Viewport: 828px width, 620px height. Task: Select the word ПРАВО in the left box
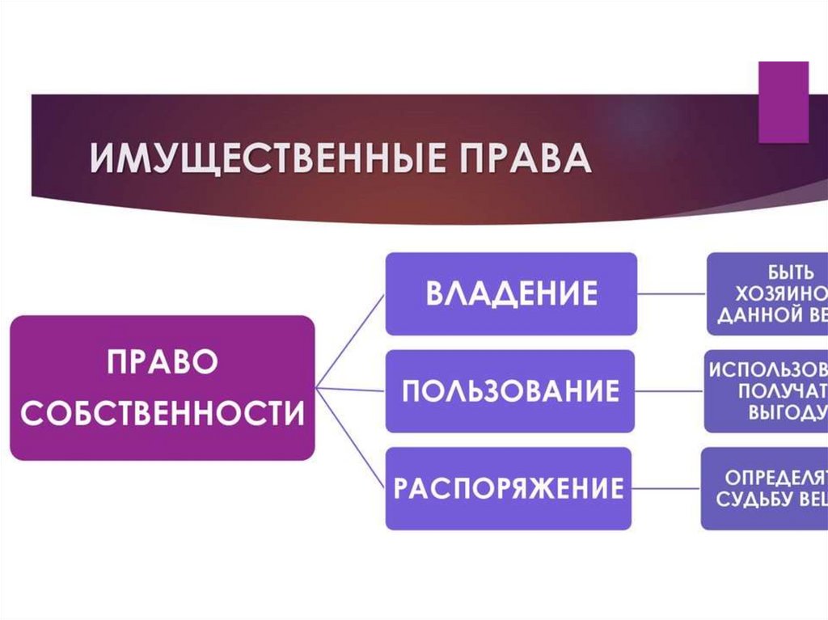[163, 362]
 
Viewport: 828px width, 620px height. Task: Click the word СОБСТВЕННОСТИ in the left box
[163, 414]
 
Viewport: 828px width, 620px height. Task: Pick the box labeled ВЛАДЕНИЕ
[511, 293]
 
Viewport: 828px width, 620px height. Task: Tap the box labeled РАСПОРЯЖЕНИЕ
[508, 488]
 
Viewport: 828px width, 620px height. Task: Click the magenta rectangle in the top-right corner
[784, 101]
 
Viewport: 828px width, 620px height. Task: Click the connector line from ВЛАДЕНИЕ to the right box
[672, 293]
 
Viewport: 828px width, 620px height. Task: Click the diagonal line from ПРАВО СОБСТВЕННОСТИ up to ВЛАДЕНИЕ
[349, 342]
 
